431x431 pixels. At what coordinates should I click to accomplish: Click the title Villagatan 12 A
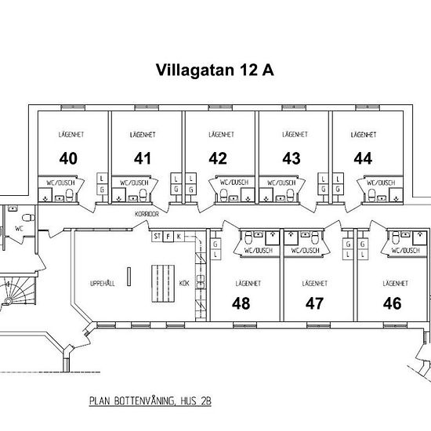pyautogui.click(x=215, y=70)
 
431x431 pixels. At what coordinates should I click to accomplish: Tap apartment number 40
pyautogui.click(x=68, y=158)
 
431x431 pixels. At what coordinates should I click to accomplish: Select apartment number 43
pyautogui.click(x=292, y=158)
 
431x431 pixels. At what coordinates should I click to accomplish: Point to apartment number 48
pyautogui.click(x=241, y=303)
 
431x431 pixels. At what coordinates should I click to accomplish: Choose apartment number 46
pyautogui.click(x=393, y=303)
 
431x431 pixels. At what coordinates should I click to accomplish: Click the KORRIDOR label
pyautogui.click(x=147, y=214)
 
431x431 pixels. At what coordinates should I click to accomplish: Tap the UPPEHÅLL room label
pyautogui.click(x=103, y=284)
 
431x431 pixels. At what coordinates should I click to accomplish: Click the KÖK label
pyautogui.click(x=184, y=283)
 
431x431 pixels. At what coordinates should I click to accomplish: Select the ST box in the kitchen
pyautogui.click(x=157, y=237)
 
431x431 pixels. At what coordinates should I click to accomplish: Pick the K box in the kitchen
pyautogui.click(x=179, y=237)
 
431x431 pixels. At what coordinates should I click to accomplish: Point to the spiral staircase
pyautogui.click(x=17, y=292)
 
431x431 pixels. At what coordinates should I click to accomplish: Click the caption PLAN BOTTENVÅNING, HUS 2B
pyautogui.click(x=150, y=400)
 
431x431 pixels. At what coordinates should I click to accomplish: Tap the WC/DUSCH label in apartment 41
pyautogui.click(x=134, y=183)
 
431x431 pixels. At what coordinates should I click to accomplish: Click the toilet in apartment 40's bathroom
pyautogui.click(x=70, y=195)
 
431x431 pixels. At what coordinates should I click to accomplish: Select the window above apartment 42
pyautogui.click(x=220, y=107)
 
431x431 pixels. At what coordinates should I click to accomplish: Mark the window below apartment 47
pyautogui.click(x=318, y=325)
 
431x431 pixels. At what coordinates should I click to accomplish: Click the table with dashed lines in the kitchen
pyautogui.click(x=163, y=284)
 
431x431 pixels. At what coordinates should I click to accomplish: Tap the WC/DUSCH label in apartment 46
pyautogui.click(x=406, y=251)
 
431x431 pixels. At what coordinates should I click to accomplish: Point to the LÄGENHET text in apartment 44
pyautogui.click(x=364, y=135)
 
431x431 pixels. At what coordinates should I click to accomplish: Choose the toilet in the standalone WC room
pyautogui.click(x=28, y=218)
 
